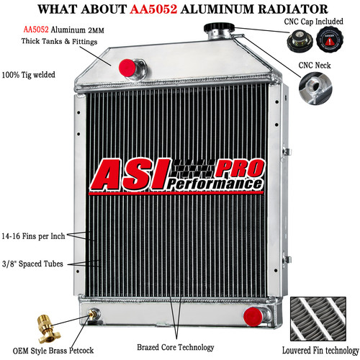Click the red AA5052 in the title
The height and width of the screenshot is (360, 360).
[x=153, y=9]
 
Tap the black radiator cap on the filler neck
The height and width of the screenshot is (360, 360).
[x=219, y=27]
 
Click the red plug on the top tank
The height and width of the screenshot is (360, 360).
[x=127, y=68]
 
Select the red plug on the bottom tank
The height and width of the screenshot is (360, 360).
[x=253, y=317]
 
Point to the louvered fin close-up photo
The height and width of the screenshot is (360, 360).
[x=318, y=319]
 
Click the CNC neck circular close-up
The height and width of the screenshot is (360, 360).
[x=315, y=88]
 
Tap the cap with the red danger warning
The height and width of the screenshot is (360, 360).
[x=330, y=39]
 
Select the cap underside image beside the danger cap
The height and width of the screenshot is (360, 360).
[x=300, y=42]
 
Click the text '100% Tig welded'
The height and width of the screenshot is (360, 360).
[x=28, y=75]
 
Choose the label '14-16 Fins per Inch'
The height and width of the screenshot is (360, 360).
[x=33, y=236]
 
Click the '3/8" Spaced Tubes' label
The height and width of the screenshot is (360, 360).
[x=32, y=264]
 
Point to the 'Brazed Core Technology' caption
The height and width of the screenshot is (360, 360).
[x=176, y=347]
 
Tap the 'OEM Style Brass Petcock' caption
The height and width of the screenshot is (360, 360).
[x=53, y=351]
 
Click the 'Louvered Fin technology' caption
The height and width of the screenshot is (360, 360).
[x=320, y=351]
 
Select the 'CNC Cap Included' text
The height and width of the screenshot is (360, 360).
[x=313, y=22]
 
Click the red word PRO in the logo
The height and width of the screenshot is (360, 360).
[x=240, y=168]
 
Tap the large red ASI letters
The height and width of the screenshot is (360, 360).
[x=130, y=174]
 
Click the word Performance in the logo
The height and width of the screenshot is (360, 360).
[x=215, y=184]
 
